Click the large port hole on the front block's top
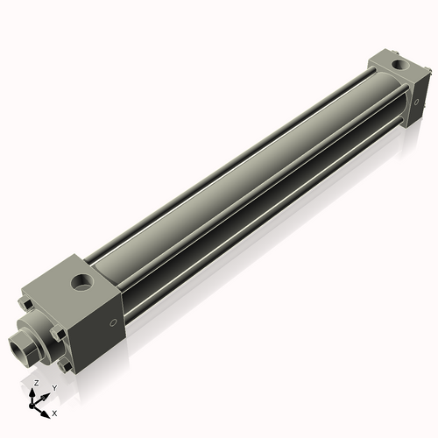tap(81, 283)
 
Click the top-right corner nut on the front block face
tap(60, 334)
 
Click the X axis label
tap(54, 412)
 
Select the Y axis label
tap(53, 387)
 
